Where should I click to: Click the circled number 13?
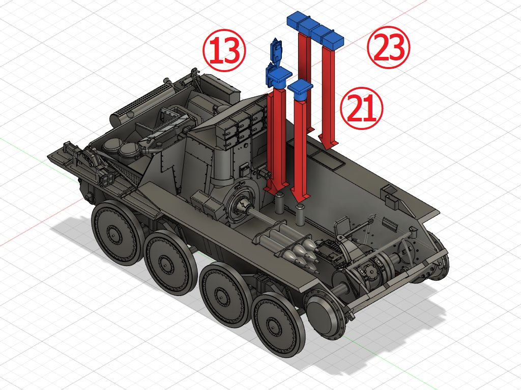[x=224, y=50]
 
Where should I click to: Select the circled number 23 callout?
[x=388, y=48]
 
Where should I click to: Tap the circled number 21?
[x=362, y=108]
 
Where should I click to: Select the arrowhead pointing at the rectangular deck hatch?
[x=328, y=143]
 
